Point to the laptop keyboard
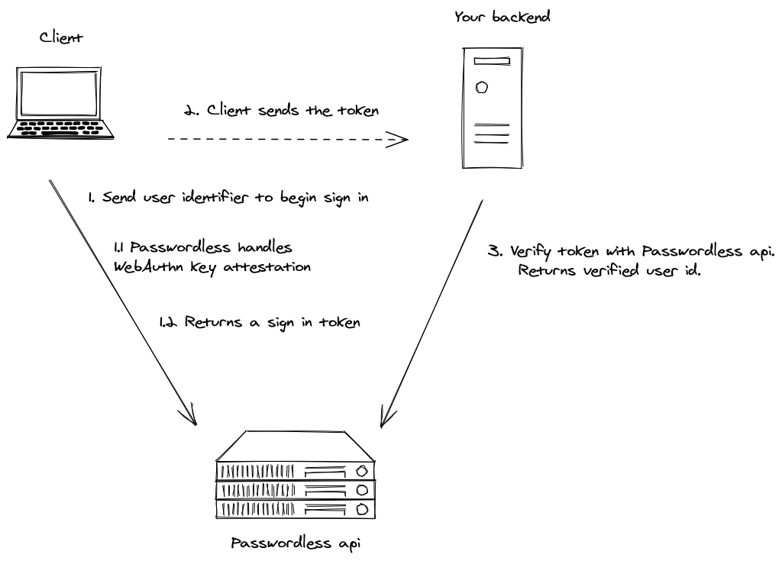tap(61, 126)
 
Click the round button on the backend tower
tap(482, 87)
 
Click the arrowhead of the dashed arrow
tap(399, 140)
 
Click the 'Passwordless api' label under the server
tap(295, 544)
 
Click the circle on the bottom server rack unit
tap(362, 508)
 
